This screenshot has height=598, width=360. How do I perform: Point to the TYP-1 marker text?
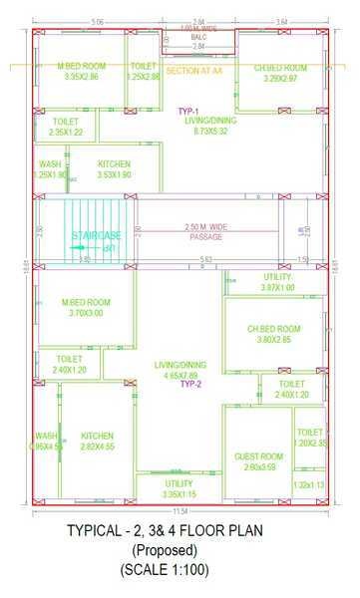click(x=188, y=111)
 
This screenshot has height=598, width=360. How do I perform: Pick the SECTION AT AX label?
click(x=195, y=72)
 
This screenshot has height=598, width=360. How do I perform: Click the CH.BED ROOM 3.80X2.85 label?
click(x=274, y=334)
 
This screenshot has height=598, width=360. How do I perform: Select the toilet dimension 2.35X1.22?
click(x=66, y=132)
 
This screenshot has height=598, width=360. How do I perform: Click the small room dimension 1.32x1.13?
click(x=309, y=485)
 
